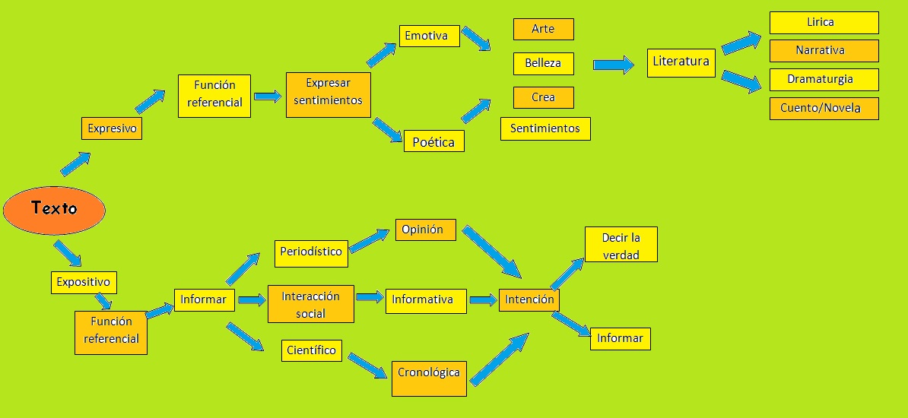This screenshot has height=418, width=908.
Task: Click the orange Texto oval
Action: click(x=54, y=209)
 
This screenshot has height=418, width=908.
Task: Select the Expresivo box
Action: click(x=112, y=128)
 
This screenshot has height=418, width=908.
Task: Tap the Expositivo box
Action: click(x=84, y=282)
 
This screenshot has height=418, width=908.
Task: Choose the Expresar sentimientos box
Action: click(x=329, y=94)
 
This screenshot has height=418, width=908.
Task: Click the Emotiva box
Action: click(x=429, y=36)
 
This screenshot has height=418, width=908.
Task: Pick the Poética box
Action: click(x=433, y=141)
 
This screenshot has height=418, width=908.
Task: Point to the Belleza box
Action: click(x=543, y=63)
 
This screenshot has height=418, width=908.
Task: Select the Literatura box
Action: click(x=681, y=62)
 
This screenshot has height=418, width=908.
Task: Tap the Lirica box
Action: click(x=824, y=23)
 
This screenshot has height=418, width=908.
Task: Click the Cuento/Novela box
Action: click(x=824, y=109)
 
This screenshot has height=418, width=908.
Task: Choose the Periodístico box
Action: click(x=311, y=252)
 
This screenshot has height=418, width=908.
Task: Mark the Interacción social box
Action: click(x=310, y=304)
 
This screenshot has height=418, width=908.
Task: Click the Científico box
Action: click(x=311, y=350)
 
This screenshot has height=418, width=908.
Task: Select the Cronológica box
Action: click(x=429, y=373)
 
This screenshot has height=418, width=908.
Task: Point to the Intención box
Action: click(x=529, y=299)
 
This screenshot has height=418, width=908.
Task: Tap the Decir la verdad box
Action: click(x=621, y=245)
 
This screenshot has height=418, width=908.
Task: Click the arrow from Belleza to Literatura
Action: click(x=614, y=65)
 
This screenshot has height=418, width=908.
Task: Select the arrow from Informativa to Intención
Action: click(x=483, y=300)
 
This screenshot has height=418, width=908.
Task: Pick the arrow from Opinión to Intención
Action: click(x=491, y=251)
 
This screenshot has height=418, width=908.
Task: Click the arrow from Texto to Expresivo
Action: click(x=76, y=163)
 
